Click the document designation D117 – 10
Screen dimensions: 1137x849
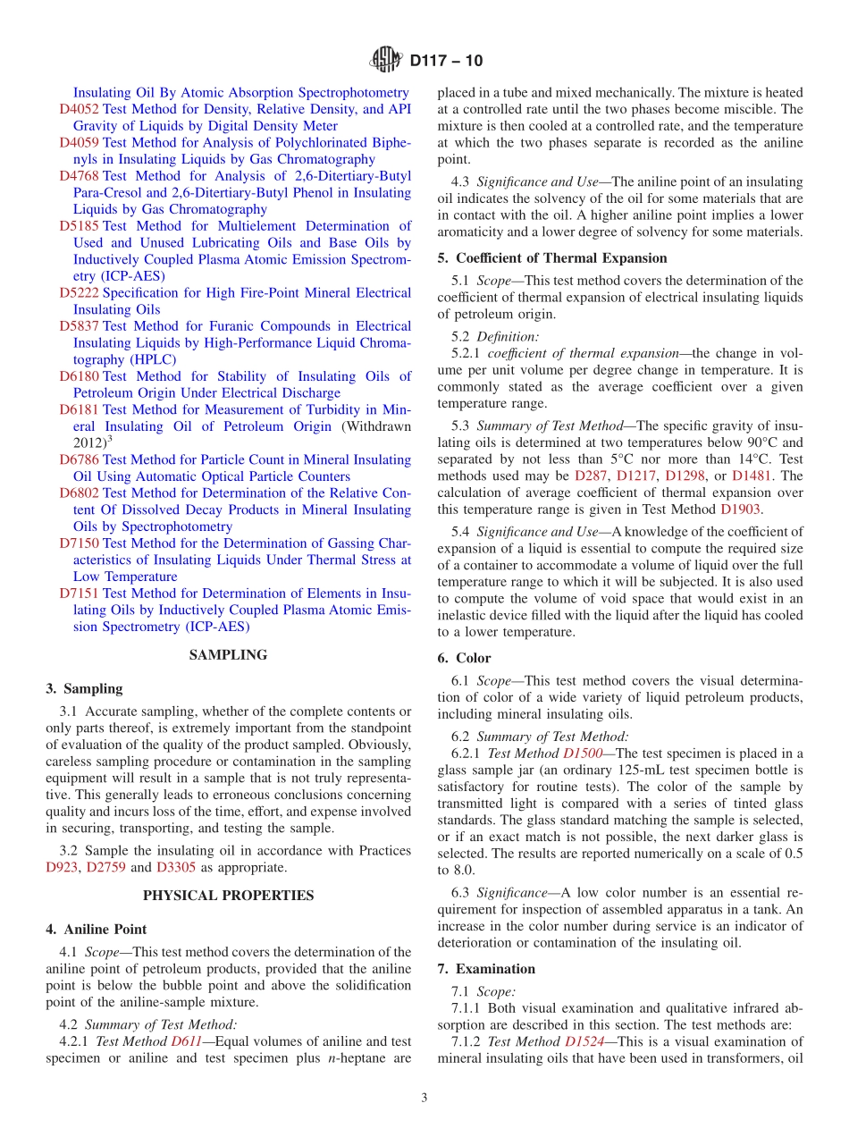pyautogui.click(x=446, y=62)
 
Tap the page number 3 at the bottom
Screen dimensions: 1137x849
pyautogui.click(x=424, y=1098)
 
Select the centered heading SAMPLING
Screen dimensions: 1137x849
pyautogui.click(x=228, y=655)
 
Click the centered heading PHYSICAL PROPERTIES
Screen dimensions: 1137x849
pyautogui.click(x=228, y=896)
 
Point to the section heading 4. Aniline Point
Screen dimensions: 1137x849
pyautogui.click(x=97, y=930)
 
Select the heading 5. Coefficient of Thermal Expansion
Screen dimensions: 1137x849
pyautogui.click(x=552, y=258)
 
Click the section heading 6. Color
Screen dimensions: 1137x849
pyautogui.click(x=464, y=658)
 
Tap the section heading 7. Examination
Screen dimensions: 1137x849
pyautogui.click(x=486, y=969)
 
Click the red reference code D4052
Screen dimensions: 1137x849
pyautogui.click(x=79, y=109)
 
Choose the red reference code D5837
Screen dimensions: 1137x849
pyautogui.click(x=79, y=326)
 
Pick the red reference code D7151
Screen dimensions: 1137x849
pyautogui.click(x=79, y=594)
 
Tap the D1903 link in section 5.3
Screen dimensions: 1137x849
pyautogui.click(x=741, y=510)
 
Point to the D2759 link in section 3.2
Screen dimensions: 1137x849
pyautogui.click(x=105, y=867)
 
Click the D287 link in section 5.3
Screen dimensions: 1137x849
pyautogui.click(x=591, y=476)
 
